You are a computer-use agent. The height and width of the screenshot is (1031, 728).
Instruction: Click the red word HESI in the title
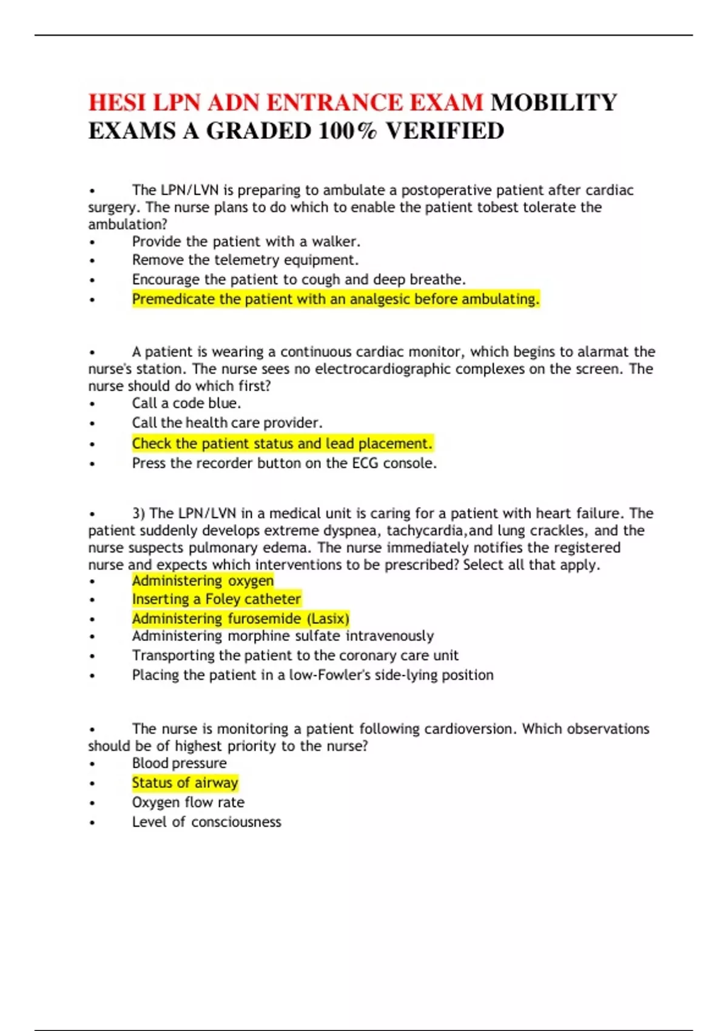(x=117, y=102)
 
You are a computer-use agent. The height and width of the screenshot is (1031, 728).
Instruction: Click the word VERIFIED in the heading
(x=445, y=131)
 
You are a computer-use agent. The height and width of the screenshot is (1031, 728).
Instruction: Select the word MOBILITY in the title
(x=553, y=102)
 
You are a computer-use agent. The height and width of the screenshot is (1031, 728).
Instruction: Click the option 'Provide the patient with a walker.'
(x=246, y=241)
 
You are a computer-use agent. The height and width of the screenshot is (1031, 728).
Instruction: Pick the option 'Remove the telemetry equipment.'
(x=245, y=260)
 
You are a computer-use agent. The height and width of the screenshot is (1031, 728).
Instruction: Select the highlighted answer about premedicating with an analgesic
(x=335, y=299)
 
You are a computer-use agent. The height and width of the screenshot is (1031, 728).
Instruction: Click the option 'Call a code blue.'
(x=186, y=403)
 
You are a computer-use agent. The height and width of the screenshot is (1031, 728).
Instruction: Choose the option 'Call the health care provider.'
(x=227, y=423)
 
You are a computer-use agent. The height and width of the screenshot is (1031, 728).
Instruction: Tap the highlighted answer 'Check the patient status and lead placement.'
(x=282, y=443)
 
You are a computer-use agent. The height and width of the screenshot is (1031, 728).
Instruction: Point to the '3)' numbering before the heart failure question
(x=139, y=514)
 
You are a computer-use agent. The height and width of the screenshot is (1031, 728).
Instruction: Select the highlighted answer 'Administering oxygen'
(x=203, y=580)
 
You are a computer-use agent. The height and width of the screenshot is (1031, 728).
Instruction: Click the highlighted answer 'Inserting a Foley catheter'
(x=216, y=599)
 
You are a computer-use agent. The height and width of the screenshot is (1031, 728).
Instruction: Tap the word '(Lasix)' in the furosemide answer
(x=328, y=619)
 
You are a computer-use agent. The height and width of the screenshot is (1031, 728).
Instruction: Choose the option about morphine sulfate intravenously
(x=283, y=636)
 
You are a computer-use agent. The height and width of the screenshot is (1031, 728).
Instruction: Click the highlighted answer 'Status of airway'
(x=185, y=783)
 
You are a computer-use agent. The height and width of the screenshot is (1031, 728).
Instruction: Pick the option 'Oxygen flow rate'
(x=188, y=802)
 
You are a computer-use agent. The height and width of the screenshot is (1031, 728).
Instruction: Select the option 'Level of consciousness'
(x=206, y=822)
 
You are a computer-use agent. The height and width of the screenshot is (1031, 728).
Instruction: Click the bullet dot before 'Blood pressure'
(x=92, y=764)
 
